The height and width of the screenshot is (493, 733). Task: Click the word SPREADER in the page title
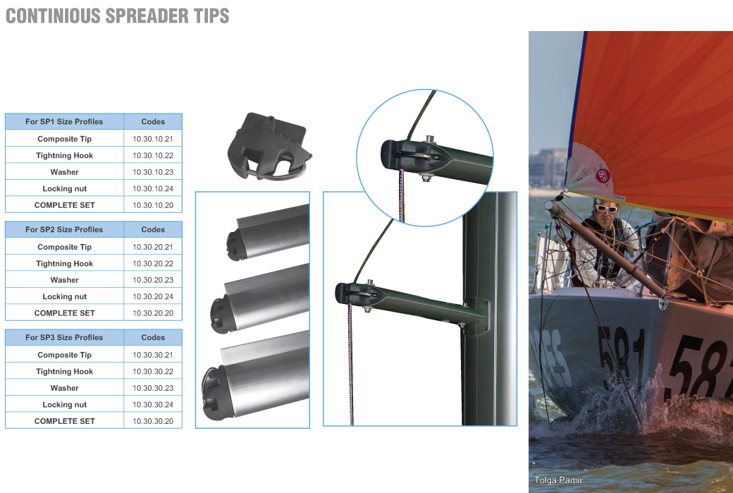point(144,16)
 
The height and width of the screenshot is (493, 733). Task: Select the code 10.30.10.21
point(153,139)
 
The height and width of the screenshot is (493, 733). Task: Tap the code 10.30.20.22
point(153,263)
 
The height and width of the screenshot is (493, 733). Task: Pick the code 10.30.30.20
point(153,421)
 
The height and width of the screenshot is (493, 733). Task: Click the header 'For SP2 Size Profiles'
point(64,229)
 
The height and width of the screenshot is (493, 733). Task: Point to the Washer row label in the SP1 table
point(65,172)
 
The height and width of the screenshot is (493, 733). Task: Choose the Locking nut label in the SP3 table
point(65,405)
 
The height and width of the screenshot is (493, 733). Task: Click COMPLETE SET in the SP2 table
point(65,313)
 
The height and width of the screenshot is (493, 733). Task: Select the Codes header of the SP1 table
point(153,121)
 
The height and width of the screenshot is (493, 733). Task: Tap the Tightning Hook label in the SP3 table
point(65,372)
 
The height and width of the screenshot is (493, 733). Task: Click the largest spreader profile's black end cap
point(215,394)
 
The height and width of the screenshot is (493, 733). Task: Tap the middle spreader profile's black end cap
point(223,315)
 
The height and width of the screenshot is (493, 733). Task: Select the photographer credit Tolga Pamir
point(558,480)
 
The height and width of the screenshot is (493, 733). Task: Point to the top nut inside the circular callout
point(430,139)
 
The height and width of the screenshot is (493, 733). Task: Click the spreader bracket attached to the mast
point(476,315)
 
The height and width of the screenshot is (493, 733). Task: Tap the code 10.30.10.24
point(153,188)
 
